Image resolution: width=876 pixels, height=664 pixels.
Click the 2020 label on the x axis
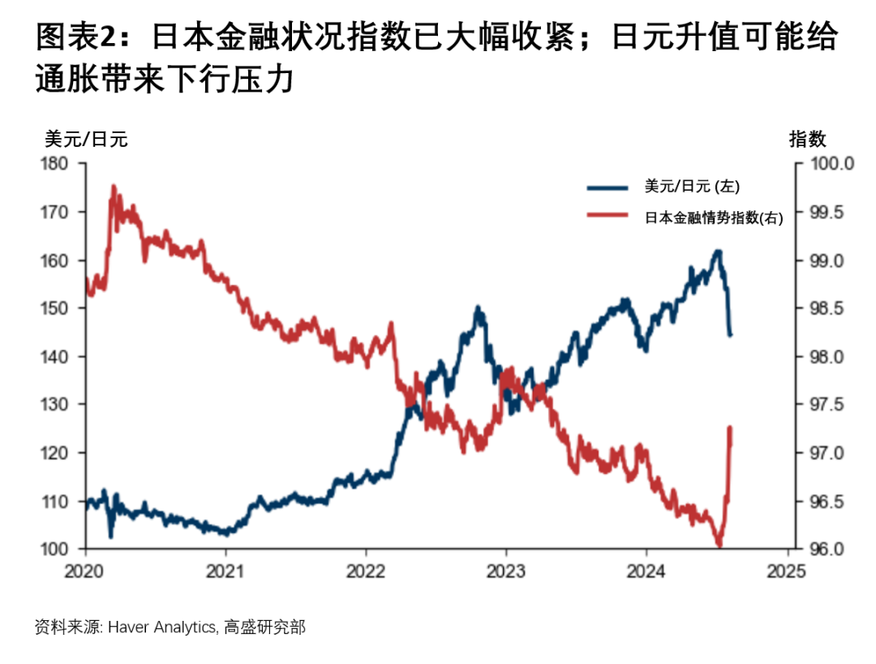tap(85, 571)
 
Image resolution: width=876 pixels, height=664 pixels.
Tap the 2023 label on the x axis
tap(505, 571)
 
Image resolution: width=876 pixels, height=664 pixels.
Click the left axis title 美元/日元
tap(85, 139)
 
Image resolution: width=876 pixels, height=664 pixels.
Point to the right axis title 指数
tap(807, 139)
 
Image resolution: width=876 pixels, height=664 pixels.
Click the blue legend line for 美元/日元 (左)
tap(608, 188)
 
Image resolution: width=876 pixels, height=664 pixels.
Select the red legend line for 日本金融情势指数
tap(608, 217)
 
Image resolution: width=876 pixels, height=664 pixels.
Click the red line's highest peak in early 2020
tap(113, 186)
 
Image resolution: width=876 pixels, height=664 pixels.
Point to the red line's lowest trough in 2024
tap(719, 545)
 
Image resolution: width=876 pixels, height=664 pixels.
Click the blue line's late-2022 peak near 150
tap(479, 308)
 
